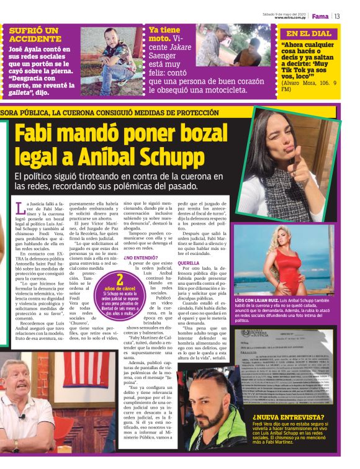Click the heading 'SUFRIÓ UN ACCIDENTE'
coord(35,34)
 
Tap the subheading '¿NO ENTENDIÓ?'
coord(141,257)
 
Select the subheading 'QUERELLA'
coord(188,263)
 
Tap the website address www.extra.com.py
coord(292,18)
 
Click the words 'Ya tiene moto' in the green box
coord(164,34)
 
